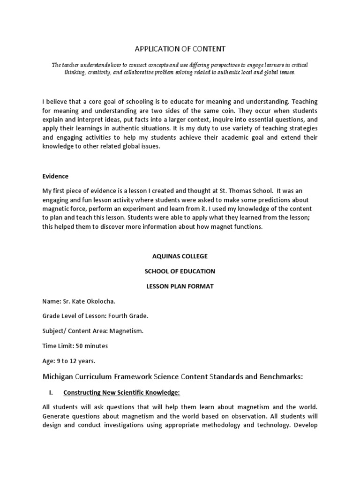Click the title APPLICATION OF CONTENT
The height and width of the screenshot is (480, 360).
(x=180, y=48)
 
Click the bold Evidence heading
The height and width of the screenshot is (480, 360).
(x=55, y=176)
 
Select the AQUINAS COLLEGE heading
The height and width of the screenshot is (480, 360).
(x=180, y=256)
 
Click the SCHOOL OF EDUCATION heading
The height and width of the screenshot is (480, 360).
(x=180, y=271)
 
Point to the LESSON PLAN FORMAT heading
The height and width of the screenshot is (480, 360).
(x=180, y=286)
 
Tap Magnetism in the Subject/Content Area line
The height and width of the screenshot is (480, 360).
(x=126, y=331)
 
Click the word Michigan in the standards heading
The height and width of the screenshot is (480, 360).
(x=59, y=376)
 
